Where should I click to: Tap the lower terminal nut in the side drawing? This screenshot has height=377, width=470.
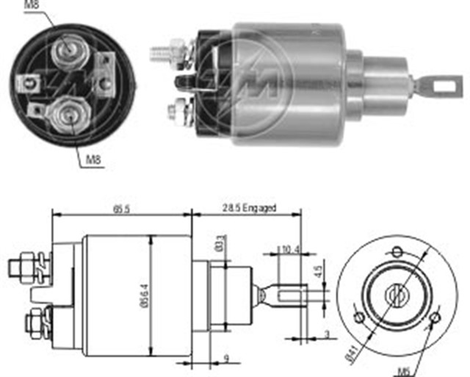(33, 321)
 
